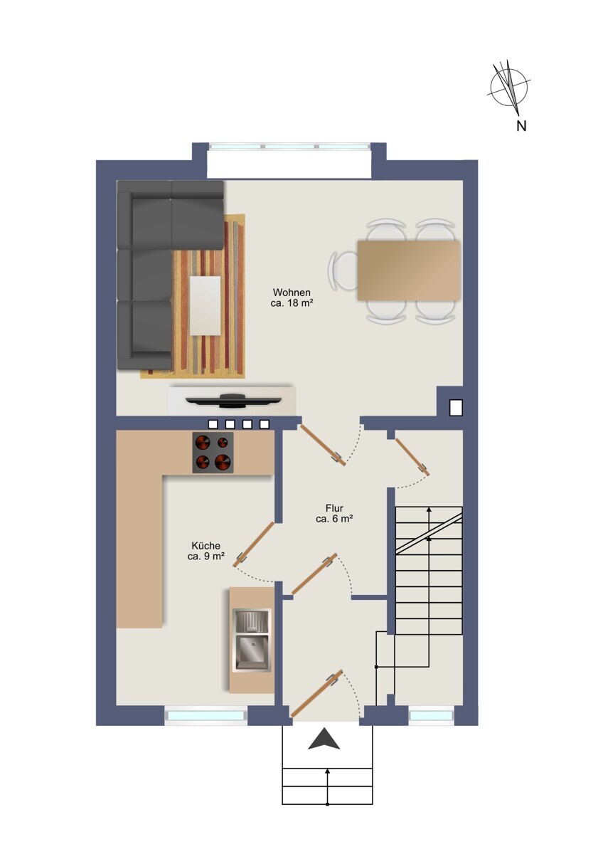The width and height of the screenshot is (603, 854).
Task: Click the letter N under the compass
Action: pos(521,126)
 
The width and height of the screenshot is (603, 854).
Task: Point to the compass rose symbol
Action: pos(509,88)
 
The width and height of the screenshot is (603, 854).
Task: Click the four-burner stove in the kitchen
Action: pos(213,453)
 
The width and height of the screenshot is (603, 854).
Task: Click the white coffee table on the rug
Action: pos(205,306)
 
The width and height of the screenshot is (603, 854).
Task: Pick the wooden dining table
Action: pos(409,270)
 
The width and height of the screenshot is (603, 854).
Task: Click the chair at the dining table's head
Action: pos(343,270)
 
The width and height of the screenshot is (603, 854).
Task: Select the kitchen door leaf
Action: pos(255,544)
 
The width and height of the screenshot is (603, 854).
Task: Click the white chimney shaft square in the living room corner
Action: pos(456,407)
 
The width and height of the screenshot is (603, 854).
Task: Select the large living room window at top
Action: pos(289,147)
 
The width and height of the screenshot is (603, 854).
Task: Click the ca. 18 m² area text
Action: pos(292,303)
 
